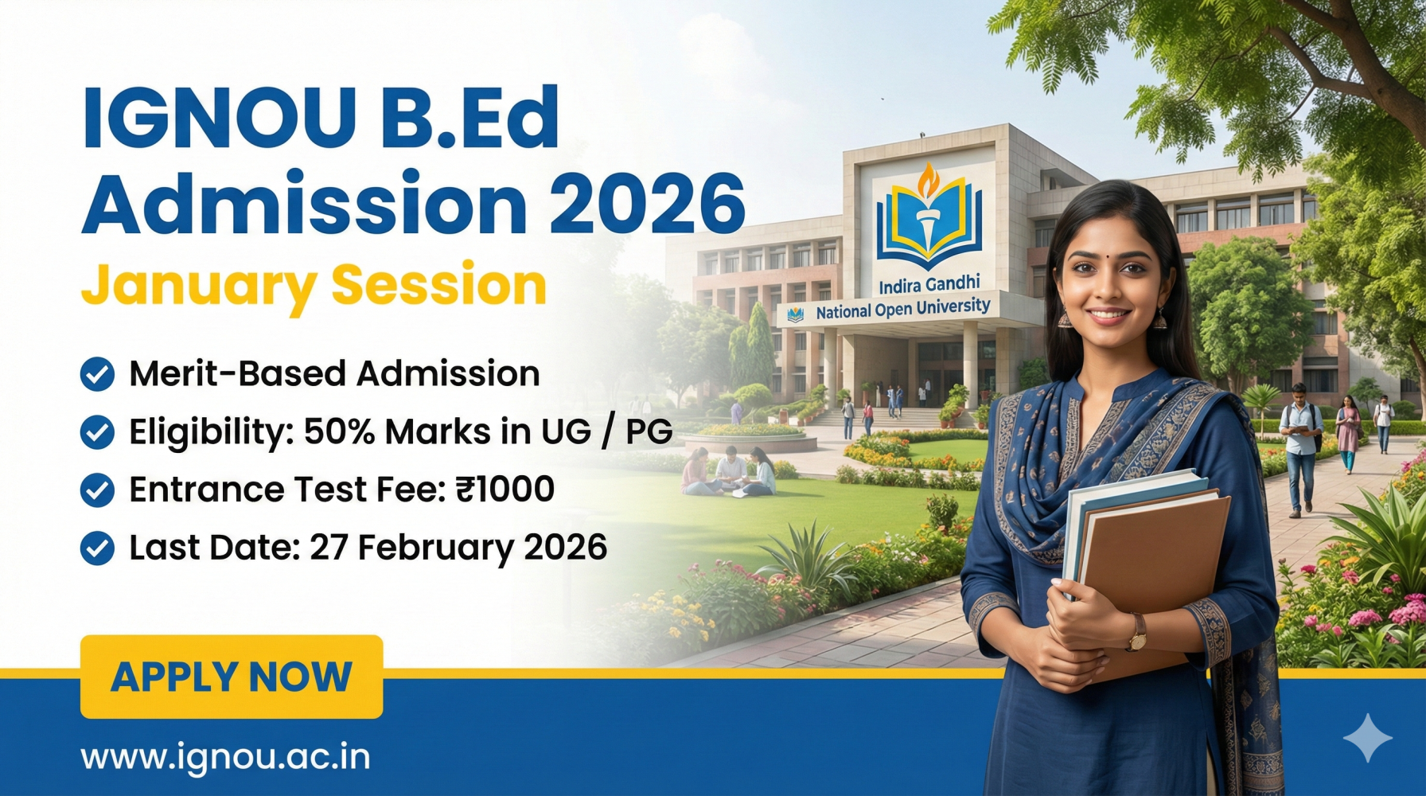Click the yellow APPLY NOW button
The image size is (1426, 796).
[231, 677]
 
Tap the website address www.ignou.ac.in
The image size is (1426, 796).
[225, 756]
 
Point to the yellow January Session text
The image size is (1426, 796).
[314, 285]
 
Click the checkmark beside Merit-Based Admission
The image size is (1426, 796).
[97, 374]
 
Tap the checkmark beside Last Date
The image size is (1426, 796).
[97, 548]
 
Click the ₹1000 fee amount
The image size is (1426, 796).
[505, 489]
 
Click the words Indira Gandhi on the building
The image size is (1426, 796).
[929, 284]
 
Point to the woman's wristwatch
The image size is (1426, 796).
[1139, 633]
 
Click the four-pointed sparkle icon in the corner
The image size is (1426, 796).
[1367, 738]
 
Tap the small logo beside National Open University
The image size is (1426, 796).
[795, 314]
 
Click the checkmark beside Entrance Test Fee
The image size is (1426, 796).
[97, 490]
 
